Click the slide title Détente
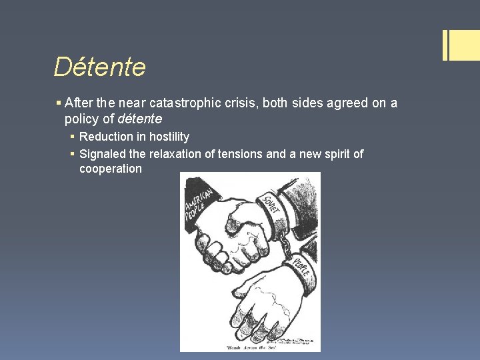click(99, 67)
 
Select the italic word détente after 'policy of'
click(139, 119)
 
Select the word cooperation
click(111, 169)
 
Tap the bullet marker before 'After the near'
click(59, 103)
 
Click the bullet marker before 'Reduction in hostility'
click(73, 137)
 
